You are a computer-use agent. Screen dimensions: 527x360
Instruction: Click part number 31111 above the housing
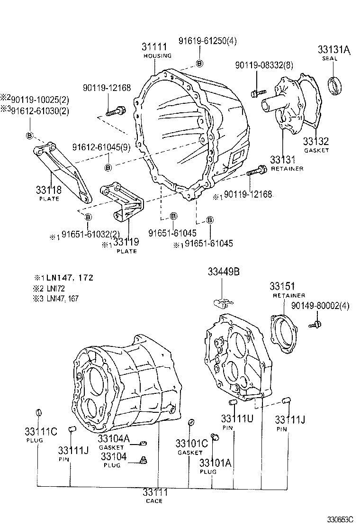154,47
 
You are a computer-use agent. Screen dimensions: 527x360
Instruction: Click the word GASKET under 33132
316,150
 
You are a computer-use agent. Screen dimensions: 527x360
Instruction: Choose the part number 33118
48,190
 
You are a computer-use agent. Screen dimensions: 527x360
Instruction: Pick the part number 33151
282,286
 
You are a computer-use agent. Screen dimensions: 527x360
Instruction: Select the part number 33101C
191,444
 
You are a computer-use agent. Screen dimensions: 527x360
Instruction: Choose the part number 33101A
215,463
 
